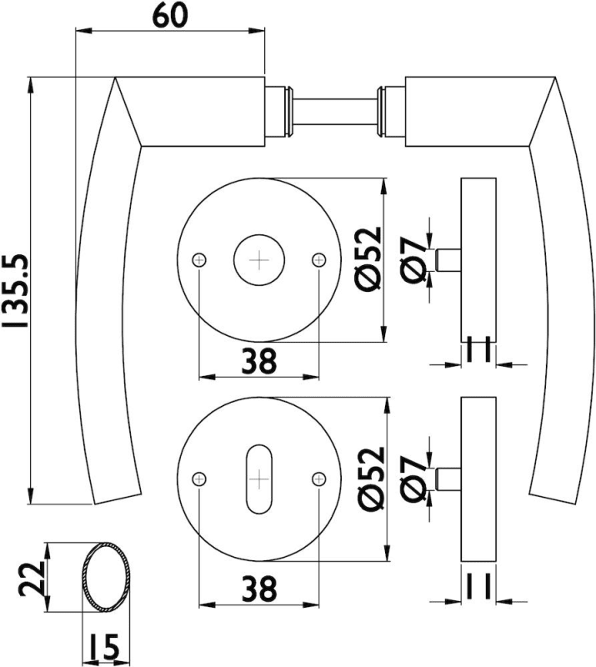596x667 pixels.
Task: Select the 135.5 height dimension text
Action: (15, 288)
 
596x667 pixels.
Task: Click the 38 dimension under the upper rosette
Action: (259, 362)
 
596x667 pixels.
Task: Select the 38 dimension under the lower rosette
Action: (259, 590)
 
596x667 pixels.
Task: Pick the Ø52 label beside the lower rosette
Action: (370, 479)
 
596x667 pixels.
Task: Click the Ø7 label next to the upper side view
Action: (413, 258)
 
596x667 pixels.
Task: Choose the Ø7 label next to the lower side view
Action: (413, 479)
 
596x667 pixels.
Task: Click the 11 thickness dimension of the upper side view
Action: (478, 350)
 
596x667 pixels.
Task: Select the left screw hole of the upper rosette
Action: (198, 260)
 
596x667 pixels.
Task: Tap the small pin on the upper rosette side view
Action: (448, 258)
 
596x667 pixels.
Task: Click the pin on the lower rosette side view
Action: (448, 479)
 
